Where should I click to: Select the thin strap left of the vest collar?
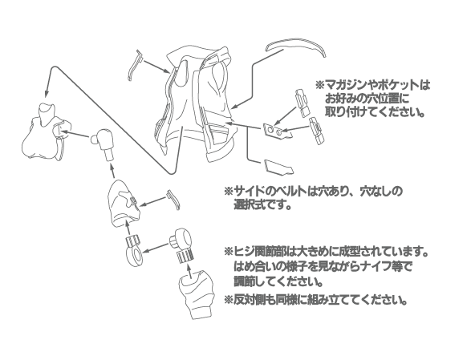point(135,66)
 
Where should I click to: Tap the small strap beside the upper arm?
point(174,199)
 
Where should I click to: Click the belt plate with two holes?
point(276,131)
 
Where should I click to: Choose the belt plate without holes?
point(278,167)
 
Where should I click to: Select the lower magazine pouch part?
point(317,131)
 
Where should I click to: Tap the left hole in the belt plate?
point(270,129)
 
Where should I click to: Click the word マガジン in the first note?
point(345,85)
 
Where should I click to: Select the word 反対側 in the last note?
point(249,299)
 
